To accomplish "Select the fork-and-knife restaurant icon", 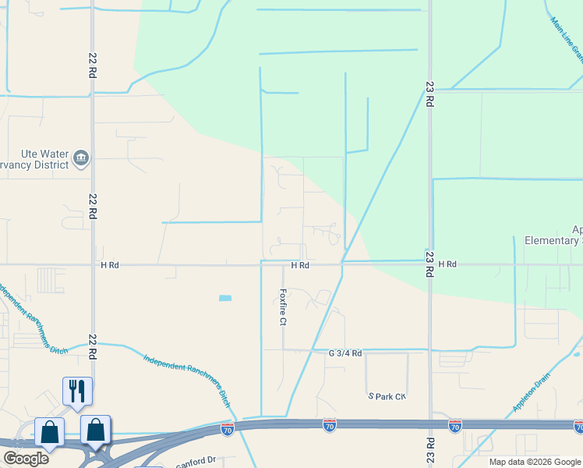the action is [x=77, y=390].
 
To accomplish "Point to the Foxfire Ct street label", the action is [x=284, y=307].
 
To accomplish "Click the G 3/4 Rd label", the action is [x=345, y=353].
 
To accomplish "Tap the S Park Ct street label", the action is [x=387, y=396].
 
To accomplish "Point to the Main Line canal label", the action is [x=567, y=39].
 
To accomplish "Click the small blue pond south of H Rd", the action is [x=225, y=298].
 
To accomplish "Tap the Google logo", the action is [x=26, y=459].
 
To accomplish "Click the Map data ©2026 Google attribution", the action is [x=535, y=462].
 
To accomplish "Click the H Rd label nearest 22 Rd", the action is [x=110, y=265].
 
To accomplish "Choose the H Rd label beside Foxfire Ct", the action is [x=300, y=265].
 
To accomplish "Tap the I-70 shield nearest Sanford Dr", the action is [x=227, y=429].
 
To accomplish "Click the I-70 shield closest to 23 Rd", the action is [x=455, y=426].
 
